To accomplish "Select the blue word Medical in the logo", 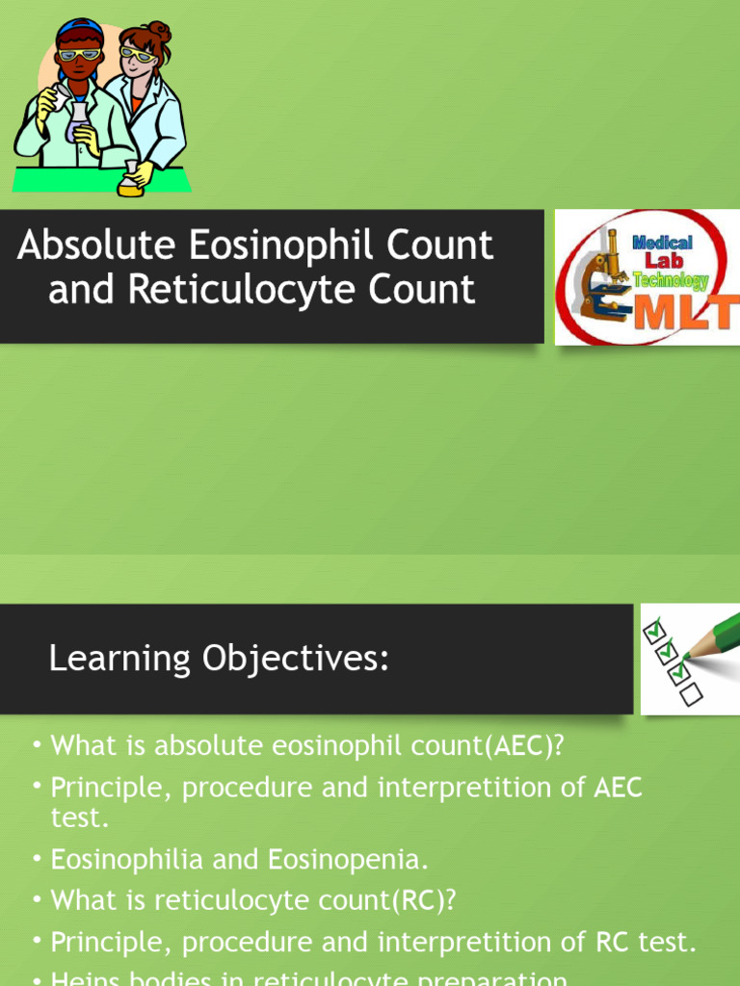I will [x=662, y=243].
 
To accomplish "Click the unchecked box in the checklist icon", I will [x=690, y=692].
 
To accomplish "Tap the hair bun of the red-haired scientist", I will [x=159, y=33].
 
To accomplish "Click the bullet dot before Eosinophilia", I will [x=36, y=857].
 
